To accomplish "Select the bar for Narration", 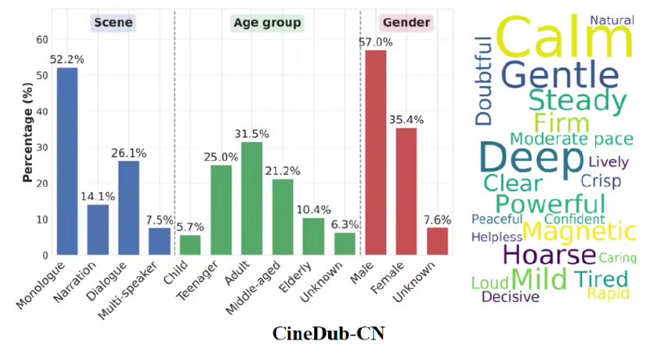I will [97, 229].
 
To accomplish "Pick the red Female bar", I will [406, 191].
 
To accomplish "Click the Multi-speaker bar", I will [159, 242].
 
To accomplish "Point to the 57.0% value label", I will [375, 42].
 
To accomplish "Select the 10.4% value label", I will [313, 210].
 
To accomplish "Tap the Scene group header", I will [113, 24].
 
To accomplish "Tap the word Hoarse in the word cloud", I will [550, 255].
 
